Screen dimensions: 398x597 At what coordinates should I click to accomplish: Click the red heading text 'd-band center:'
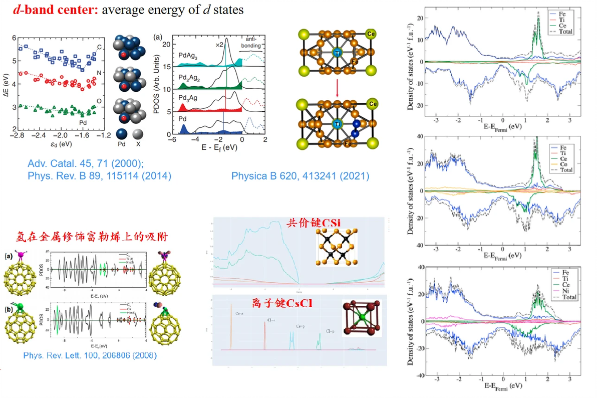click(x=55, y=9)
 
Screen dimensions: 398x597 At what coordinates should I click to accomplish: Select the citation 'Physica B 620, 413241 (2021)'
click(x=300, y=176)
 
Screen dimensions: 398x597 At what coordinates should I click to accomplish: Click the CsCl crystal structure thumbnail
click(x=361, y=318)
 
